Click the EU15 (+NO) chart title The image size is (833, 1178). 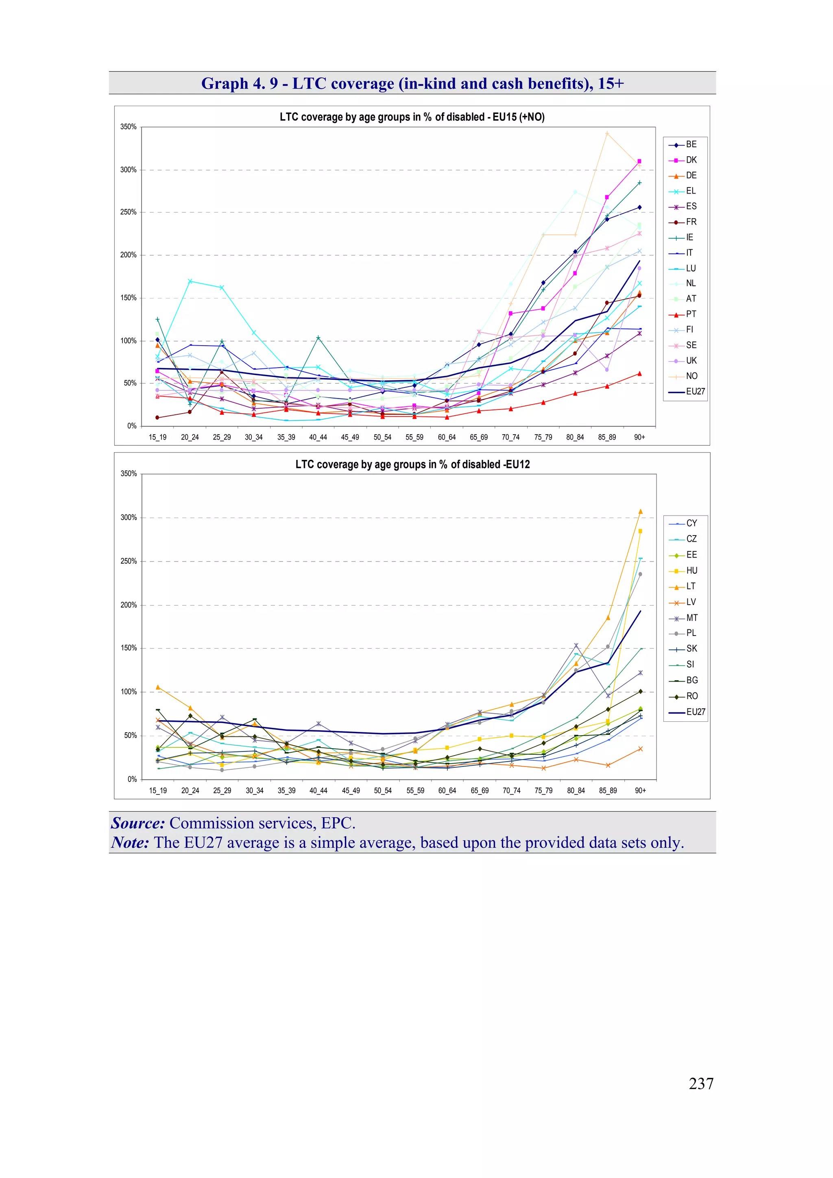tap(412, 117)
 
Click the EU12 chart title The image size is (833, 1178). tap(412, 464)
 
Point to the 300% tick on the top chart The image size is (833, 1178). tap(128, 170)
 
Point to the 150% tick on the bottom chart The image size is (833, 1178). tap(128, 648)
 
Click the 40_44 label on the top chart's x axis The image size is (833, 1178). tap(318, 437)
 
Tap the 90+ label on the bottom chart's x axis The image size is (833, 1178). tap(640, 790)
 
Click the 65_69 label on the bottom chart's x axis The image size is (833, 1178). tap(480, 790)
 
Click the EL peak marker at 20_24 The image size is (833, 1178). tap(190, 281)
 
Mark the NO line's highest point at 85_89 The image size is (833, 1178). tap(607, 133)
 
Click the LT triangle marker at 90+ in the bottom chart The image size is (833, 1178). tap(640, 512)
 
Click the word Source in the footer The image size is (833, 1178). tap(137, 823)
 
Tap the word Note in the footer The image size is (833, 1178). tap(130, 843)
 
